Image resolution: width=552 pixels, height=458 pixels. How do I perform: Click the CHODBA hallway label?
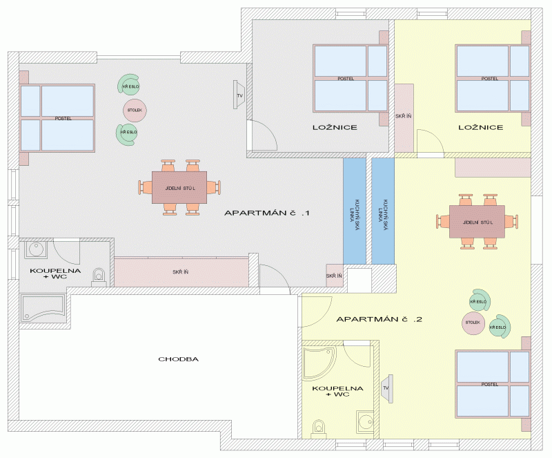[x=179, y=359]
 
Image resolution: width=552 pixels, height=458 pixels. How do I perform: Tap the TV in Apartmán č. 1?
[x=239, y=95]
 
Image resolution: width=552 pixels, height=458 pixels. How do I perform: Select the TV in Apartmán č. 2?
[x=387, y=388]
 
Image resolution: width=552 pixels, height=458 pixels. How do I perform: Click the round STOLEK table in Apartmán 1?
[x=134, y=109]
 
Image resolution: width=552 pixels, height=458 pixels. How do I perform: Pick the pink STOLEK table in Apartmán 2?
[x=473, y=323]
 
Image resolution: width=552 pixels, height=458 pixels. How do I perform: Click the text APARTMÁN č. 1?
[x=267, y=213]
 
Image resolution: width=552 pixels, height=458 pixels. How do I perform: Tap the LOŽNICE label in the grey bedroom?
[x=333, y=128]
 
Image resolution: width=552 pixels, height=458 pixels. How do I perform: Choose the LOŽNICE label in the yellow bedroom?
[x=480, y=128]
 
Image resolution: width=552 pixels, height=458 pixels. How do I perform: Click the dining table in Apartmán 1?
[x=179, y=187]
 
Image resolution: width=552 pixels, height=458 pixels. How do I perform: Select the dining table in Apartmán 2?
[x=476, y=221]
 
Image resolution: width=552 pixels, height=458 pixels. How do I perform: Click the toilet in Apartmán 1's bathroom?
[x=99, y=275]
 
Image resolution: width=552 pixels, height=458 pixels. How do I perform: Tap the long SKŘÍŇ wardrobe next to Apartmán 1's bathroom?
[x=181, y=271]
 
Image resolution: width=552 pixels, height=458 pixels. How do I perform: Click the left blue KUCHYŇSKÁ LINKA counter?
[x=354, y=211]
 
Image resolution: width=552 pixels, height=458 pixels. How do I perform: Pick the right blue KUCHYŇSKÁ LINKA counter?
[x=383, y=211]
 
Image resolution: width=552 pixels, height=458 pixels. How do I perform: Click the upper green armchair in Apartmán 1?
[x=128, y=86]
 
